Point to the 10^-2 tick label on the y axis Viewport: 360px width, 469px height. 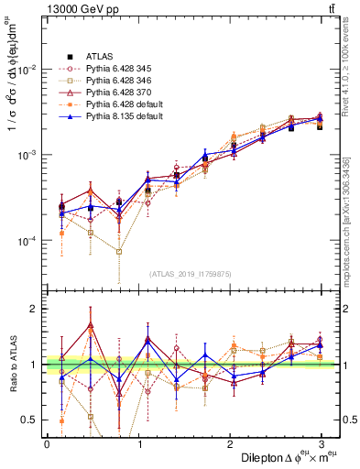click(x=27, y=70)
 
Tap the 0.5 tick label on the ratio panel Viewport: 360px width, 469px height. click(x=30, y=420)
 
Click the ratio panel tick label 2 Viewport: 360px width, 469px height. click(x=35, y=310)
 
